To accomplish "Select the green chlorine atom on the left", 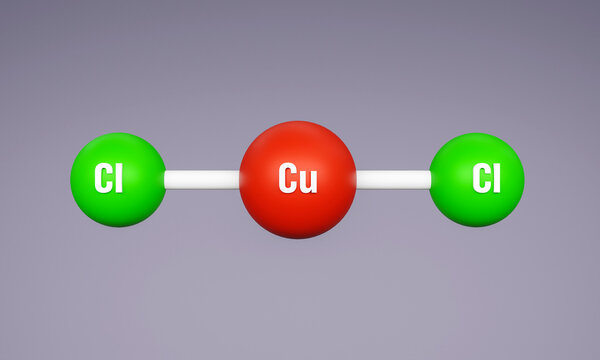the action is [x=118, y=180].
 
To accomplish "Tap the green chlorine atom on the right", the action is [x=477, y=180].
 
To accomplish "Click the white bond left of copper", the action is [x=202, y=180].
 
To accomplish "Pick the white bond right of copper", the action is [x=393, y=180].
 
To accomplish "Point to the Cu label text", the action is [x=298, y=180].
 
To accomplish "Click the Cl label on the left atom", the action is [x=109, y=180].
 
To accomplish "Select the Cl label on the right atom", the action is [x=486, y=180].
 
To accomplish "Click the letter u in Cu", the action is [x=309, y=182].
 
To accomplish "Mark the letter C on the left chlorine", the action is [x=104, y=180].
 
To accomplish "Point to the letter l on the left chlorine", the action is [x=119, y=180].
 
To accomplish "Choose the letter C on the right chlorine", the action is [x=481, y=180].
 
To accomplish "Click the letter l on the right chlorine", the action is [x=496, y=180].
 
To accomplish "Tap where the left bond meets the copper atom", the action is [x=241, y=180].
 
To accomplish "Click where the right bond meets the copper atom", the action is [x=355, y=180].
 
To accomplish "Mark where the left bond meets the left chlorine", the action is [x=165, y=180].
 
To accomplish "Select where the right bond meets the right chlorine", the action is [x=430, y=180].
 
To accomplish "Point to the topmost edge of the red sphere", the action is [x=298, y=122].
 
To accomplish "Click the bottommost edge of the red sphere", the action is [x=298, y=238].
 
